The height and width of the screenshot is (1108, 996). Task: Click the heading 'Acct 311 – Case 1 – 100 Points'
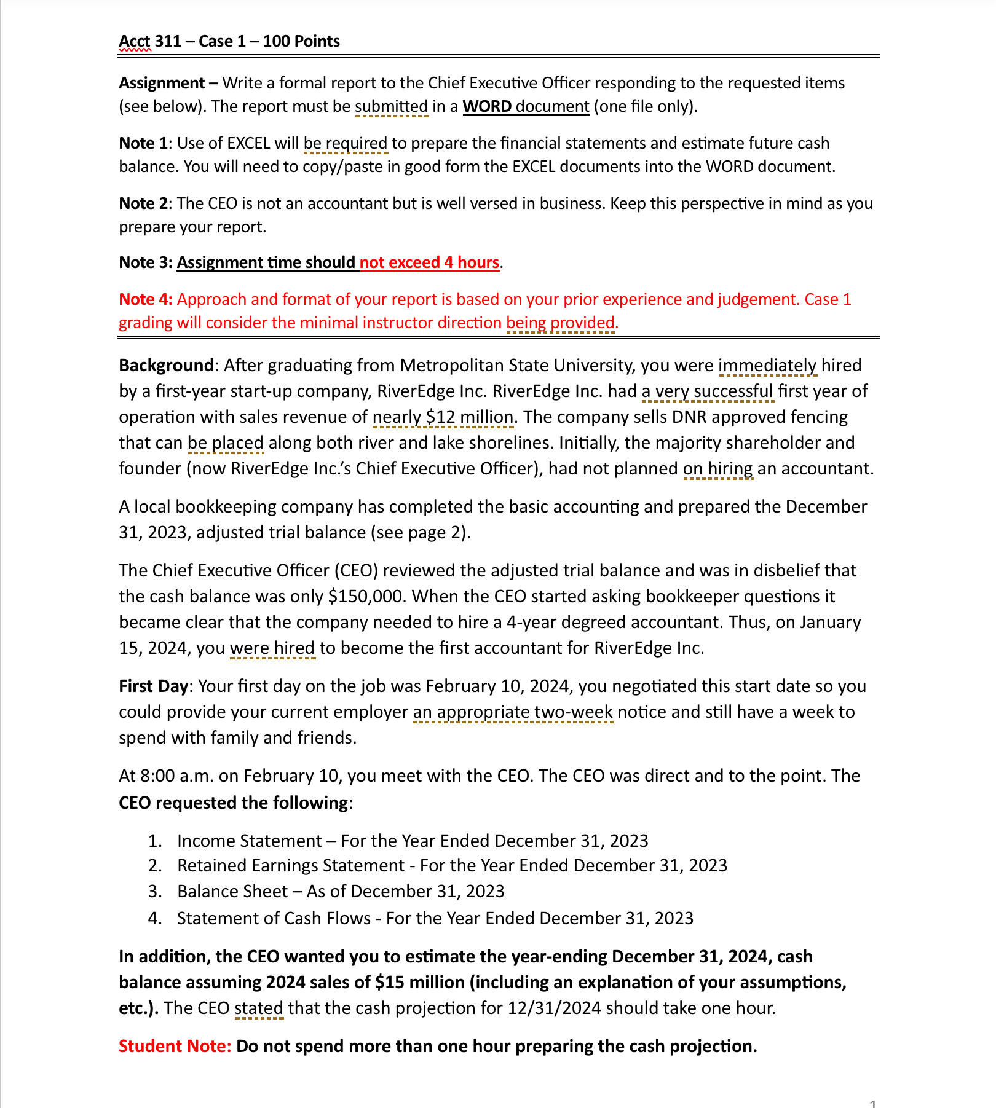229,41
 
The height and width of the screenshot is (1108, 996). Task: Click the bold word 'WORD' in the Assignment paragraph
486,106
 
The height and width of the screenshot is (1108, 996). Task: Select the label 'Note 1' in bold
143,143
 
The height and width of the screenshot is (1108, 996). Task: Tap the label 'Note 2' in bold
143,203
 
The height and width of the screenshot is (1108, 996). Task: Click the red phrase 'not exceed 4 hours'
429,262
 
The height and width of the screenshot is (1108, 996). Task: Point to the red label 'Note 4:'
146,299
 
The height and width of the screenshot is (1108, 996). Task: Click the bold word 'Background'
165,366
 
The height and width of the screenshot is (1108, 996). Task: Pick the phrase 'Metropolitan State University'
516,366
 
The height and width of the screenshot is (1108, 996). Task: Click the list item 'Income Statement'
249,841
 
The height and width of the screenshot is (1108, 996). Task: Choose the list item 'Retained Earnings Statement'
290,866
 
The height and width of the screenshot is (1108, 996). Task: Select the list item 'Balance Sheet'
232,892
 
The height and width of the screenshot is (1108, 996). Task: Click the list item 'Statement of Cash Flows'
274,918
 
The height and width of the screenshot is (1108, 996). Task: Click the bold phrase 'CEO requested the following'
234,803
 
